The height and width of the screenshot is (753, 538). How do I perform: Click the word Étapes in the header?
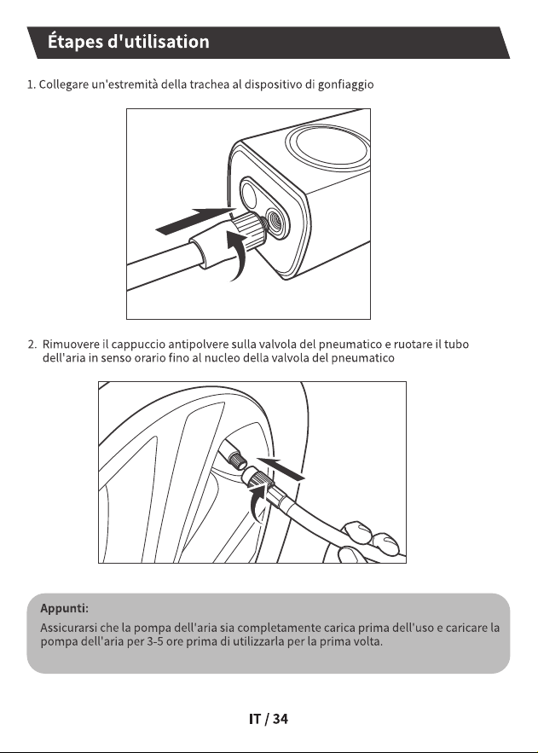(x=75, y=42)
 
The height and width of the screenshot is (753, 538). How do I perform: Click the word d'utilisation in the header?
(x=159, y=41)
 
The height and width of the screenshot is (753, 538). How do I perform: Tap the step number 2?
(x=32, y=345)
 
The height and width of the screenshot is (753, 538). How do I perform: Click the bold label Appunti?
(x=64, y=608)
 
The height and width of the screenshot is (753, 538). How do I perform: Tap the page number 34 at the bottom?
(x=280, y=719)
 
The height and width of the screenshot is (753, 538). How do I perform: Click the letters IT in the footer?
(x=255, y=719)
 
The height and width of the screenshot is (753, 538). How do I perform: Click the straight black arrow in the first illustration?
(x=193, y=222)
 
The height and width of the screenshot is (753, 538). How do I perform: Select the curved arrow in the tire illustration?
(x=259, y=503)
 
